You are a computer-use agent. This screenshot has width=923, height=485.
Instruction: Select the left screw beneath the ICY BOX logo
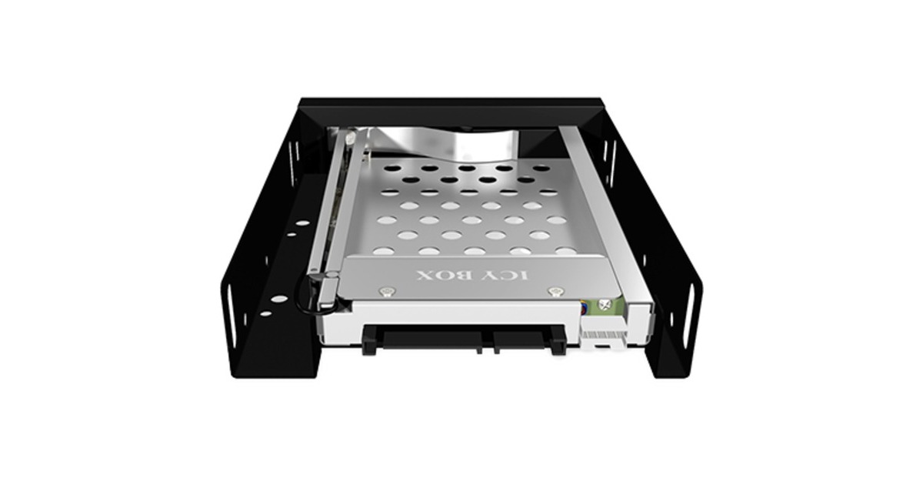pos(388,292)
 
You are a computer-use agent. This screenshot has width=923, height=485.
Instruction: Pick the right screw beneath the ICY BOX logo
pos(555,293)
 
